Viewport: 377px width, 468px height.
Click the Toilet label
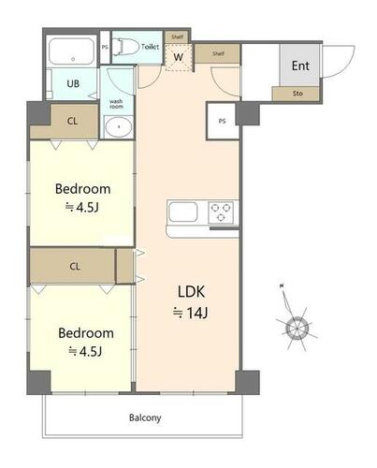click(150, 47)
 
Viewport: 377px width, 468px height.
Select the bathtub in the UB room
click(72, 52)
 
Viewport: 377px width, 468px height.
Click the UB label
click(73, 83)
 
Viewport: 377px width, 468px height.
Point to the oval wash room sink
click(119, 127)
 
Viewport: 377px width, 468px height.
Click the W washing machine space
click(178, 57)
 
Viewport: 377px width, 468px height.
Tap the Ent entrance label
click(300, 66)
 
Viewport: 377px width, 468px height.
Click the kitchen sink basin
click(183, 212)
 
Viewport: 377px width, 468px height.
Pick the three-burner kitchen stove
click(221, 212)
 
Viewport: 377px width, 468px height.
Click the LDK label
click(191, 292)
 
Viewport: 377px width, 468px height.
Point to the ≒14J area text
click(191, 313)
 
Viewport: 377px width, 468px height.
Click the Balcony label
click(145, 417)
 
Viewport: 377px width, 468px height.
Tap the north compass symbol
click(297, 327)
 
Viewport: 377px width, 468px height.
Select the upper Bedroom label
click(82, 189)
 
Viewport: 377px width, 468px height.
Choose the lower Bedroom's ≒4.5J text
click(85, 352)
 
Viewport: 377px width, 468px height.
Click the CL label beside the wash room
click(72, 121)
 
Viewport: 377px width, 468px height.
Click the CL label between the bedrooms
click(75, 267)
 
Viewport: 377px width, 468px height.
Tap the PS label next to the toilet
click(105, 48)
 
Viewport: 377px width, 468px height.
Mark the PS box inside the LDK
click(222, 121)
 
